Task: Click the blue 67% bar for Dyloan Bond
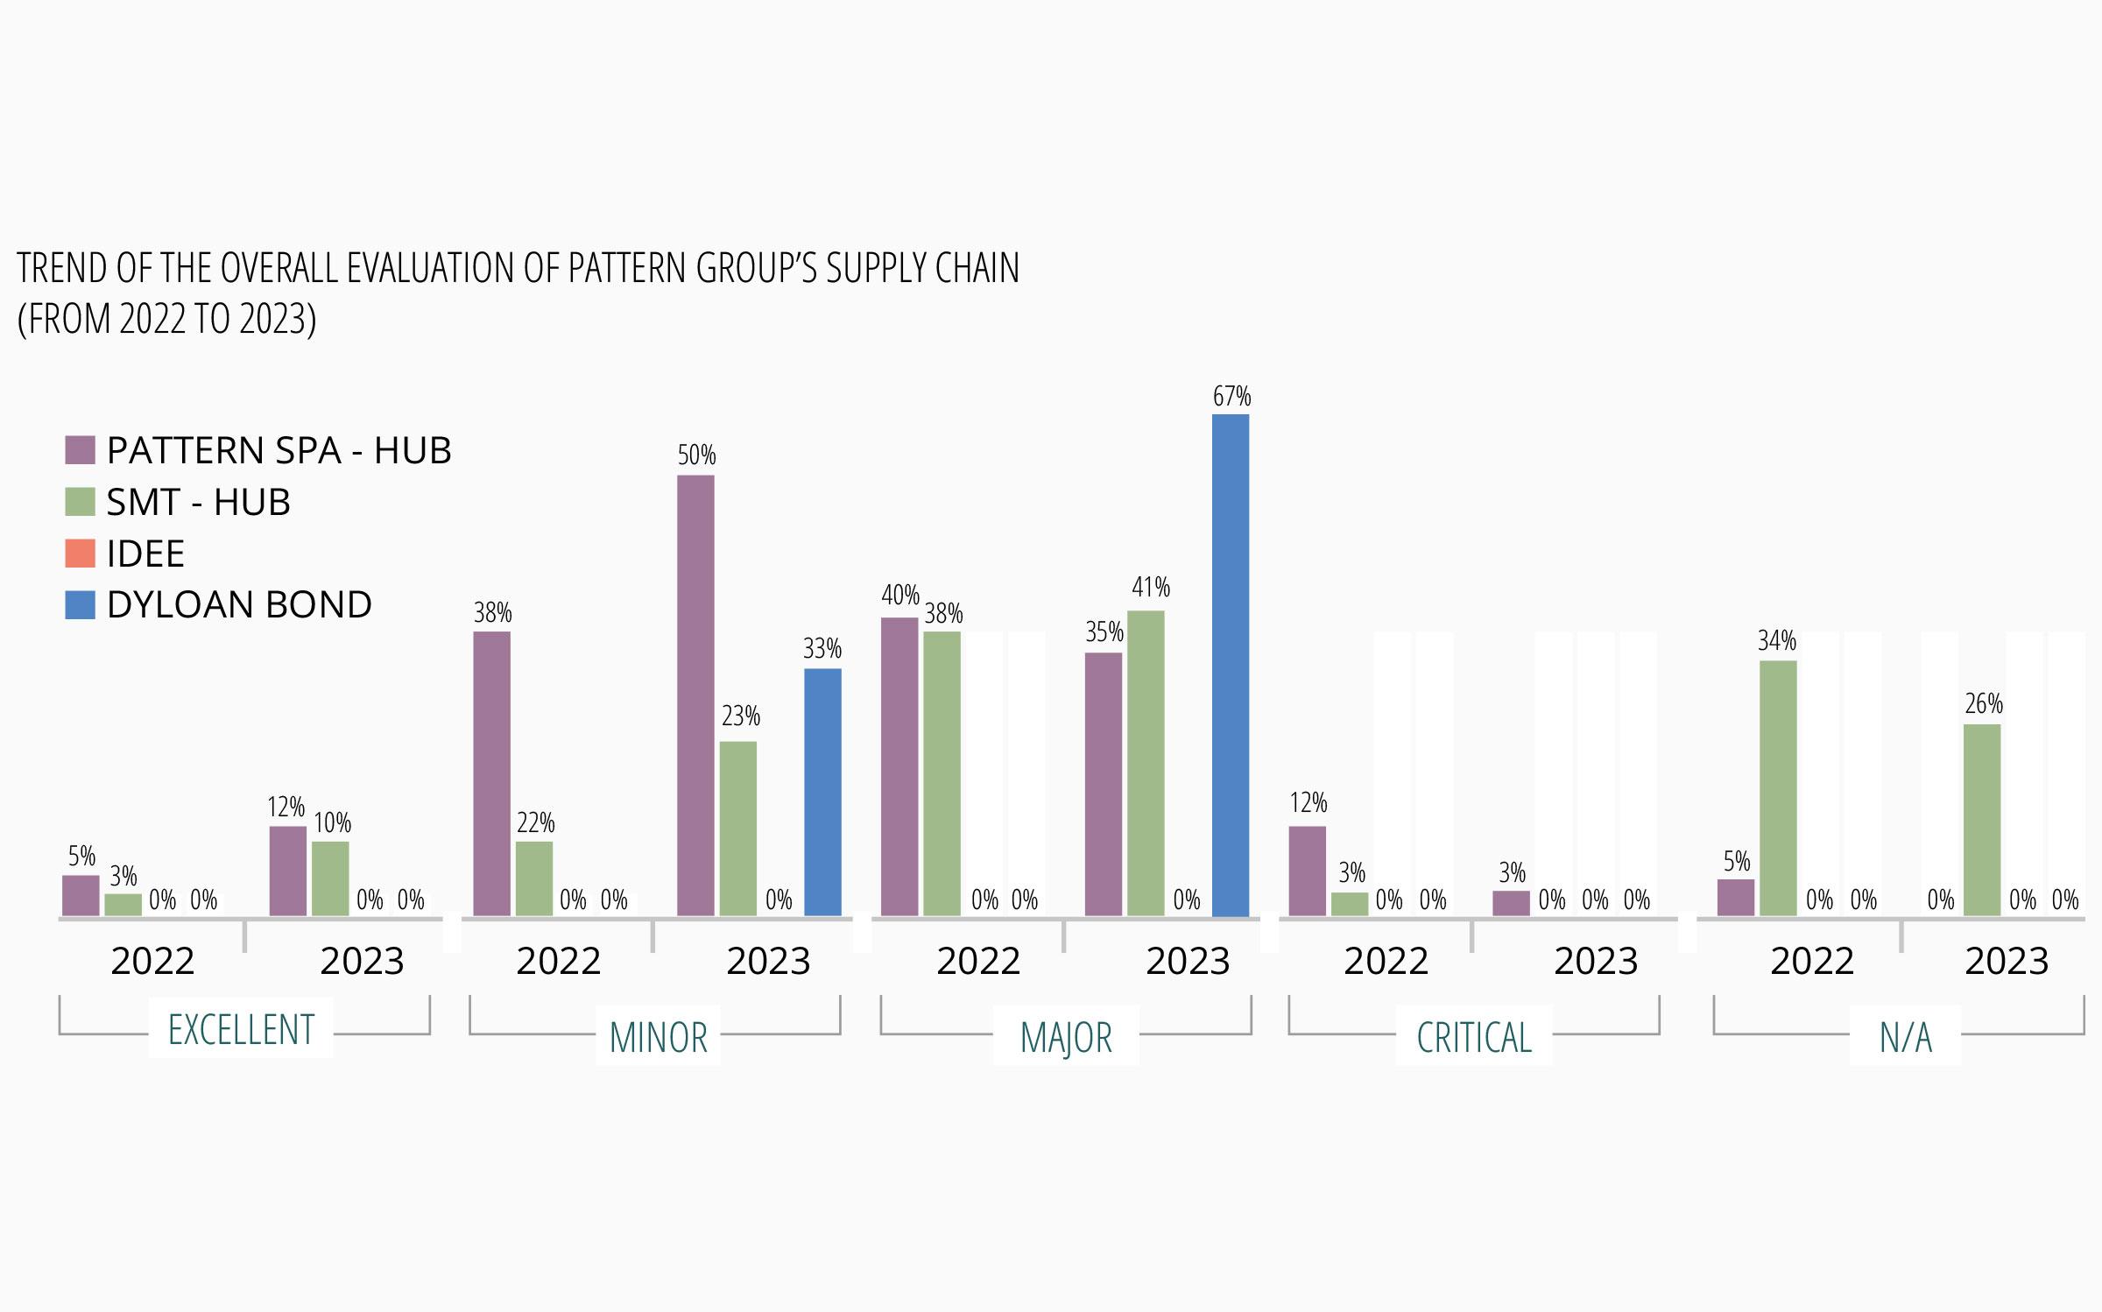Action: click(1231, 666)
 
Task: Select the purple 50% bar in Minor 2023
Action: click(695, 695)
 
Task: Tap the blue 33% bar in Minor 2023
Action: click(822, 792)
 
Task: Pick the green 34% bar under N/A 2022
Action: click(1778, 788)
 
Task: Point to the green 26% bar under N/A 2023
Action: click(1982, 820)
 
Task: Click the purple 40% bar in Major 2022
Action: click(899, 766)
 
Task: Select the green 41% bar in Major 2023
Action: click(1146, 763)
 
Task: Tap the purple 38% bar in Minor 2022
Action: click(491, 773)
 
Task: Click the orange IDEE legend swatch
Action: click(80, 554)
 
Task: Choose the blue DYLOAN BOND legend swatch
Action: click(80, 605)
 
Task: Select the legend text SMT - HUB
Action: click(198, 503)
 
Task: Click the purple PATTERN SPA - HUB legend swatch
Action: click(80, 450)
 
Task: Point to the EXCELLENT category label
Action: click(241, 1029)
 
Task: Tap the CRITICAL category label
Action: click(1474, 1038)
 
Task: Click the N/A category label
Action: click(1905, 1038)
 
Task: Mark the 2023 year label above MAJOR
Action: click(1188, 962)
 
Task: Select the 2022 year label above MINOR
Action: click(558, 962)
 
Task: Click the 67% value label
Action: click(1231, 397)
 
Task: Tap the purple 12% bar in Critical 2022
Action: click(1307, 871)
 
